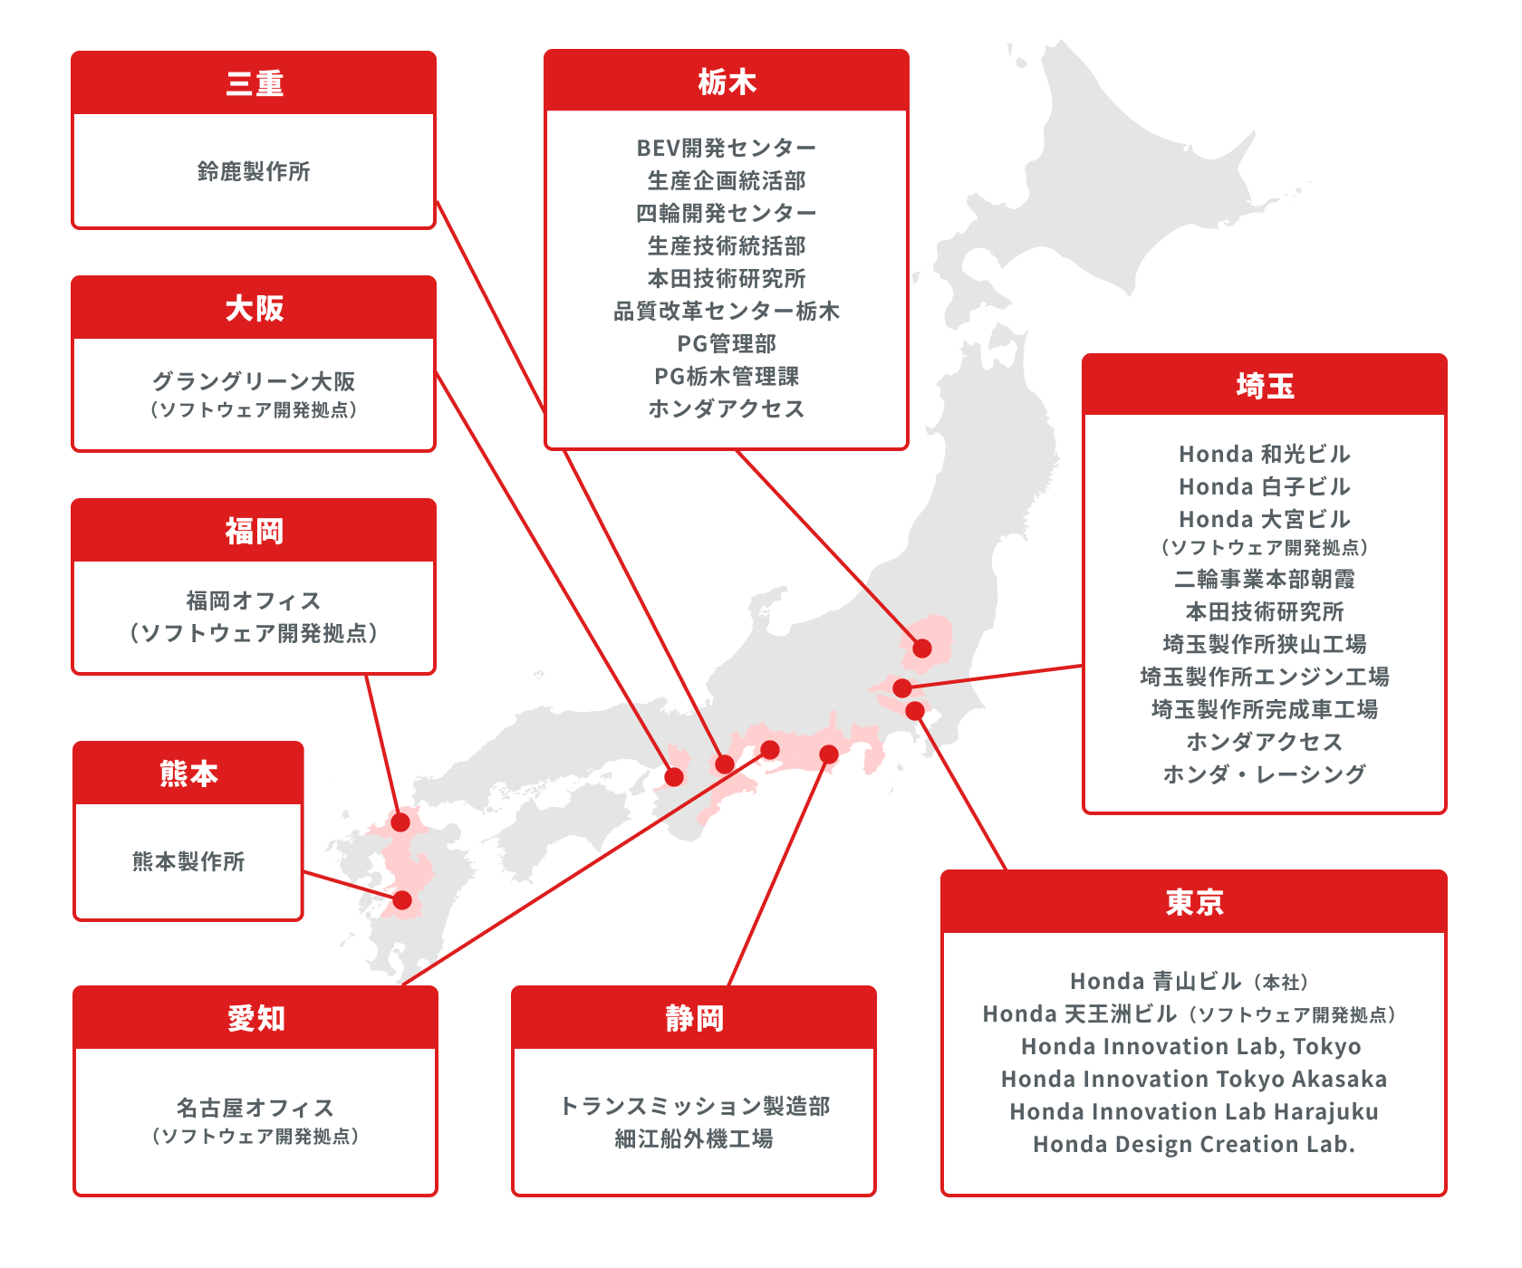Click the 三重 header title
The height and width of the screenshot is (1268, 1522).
coord(255,83)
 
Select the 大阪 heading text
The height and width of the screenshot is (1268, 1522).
coord(255,308)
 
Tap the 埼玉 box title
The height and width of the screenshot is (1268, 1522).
coord(1265,386)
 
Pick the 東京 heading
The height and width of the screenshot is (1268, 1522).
coord(1194,902)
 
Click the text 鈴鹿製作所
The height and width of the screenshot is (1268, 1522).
coord(254,171)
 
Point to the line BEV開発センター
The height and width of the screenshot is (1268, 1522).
coord(727,148)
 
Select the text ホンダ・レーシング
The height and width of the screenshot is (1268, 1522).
coord(1265,774)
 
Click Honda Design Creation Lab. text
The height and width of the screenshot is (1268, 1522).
coord(1194,1144)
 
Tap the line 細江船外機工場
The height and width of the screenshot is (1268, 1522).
coord(694,1138)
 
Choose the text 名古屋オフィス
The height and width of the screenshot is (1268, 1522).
coord(255,1108)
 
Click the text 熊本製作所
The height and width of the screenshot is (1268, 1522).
coord(188,861)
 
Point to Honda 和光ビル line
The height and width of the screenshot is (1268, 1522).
coord(1265,454)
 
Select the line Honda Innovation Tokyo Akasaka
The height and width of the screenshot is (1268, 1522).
coord(1194,1079)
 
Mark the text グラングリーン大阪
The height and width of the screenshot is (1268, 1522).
coord(254,381)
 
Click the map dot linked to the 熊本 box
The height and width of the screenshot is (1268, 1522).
coord(402,900)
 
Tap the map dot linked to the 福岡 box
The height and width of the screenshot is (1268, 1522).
coord(400,822)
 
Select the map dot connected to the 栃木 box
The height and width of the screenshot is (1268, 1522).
coord(922,648)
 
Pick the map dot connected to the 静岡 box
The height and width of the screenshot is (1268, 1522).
coord(829,754)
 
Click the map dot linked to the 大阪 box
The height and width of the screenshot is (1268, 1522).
coord(674,777)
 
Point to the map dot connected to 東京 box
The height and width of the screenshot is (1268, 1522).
coord(915,711)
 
